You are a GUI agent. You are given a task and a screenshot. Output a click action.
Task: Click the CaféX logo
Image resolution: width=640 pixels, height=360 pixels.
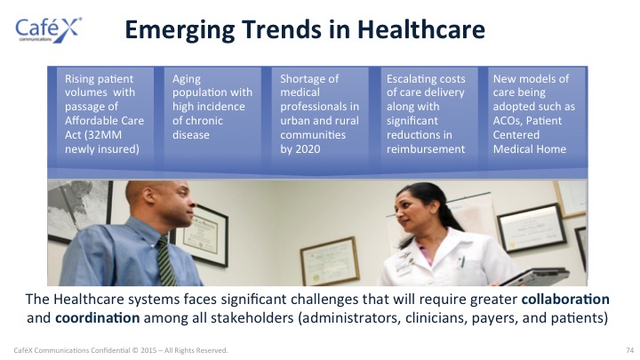(x=48, y=30)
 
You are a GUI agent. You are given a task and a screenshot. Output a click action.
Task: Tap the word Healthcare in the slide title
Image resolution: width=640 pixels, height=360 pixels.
(x=421, y=30)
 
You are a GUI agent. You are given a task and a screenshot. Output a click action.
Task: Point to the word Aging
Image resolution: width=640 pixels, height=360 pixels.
(x=187, y=80)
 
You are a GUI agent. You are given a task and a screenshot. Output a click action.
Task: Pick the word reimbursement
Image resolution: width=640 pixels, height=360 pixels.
(x=426, y=149)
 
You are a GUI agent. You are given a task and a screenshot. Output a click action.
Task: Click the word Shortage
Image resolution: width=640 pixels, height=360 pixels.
(x=309, y=80)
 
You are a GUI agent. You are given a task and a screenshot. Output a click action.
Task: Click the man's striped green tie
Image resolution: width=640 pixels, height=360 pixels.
(x=165, y=260)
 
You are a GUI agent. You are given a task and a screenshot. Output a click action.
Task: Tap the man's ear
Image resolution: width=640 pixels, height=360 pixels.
(x=148, y=196)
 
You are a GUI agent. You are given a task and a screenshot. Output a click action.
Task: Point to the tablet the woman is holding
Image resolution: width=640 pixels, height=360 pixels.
(x=535, y=276)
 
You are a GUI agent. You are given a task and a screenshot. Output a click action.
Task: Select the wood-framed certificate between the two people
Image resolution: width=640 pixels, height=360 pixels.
(x=330, y=261)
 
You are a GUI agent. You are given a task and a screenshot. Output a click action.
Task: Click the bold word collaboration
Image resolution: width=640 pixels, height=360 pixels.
(x=565, y=300)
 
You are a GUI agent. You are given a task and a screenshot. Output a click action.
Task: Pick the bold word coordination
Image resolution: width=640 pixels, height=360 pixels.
(x=98, y=318)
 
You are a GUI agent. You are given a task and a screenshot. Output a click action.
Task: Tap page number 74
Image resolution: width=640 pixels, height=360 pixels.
(x=630, y=350)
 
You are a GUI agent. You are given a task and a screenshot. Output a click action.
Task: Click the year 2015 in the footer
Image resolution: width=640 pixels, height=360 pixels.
(x=148, y=350)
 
